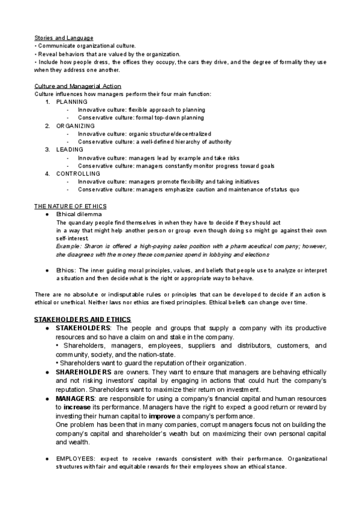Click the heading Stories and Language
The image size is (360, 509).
tap(64, 38)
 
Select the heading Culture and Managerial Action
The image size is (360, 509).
tap(78, 86)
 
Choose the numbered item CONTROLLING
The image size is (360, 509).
tap(80, 173)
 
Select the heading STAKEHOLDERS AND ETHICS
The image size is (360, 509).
tap(85, 319)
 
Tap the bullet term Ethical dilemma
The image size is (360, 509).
tap(79, 214)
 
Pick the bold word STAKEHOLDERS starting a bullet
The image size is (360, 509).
tap(83, 329)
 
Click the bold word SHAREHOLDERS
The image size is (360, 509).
tap(83, 372)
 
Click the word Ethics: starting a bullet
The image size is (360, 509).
tap(65, 271)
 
